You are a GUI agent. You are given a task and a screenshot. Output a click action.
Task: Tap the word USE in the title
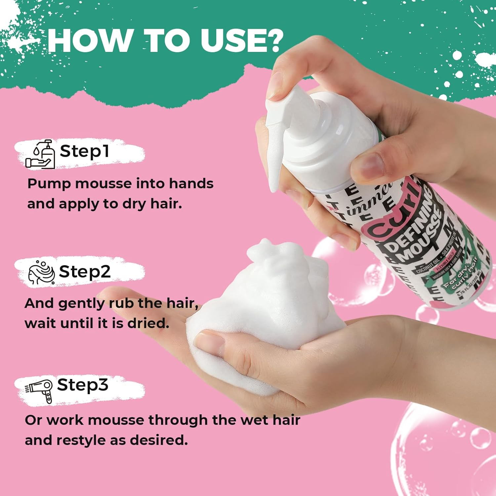click(231, 41)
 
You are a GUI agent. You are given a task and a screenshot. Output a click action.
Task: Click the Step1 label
click(84, 151)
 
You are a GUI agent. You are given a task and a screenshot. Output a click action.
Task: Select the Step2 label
click(85, 272)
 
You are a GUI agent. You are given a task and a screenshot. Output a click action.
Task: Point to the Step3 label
click(83, 385)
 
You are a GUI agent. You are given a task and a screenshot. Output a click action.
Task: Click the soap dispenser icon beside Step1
click(40, 154)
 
